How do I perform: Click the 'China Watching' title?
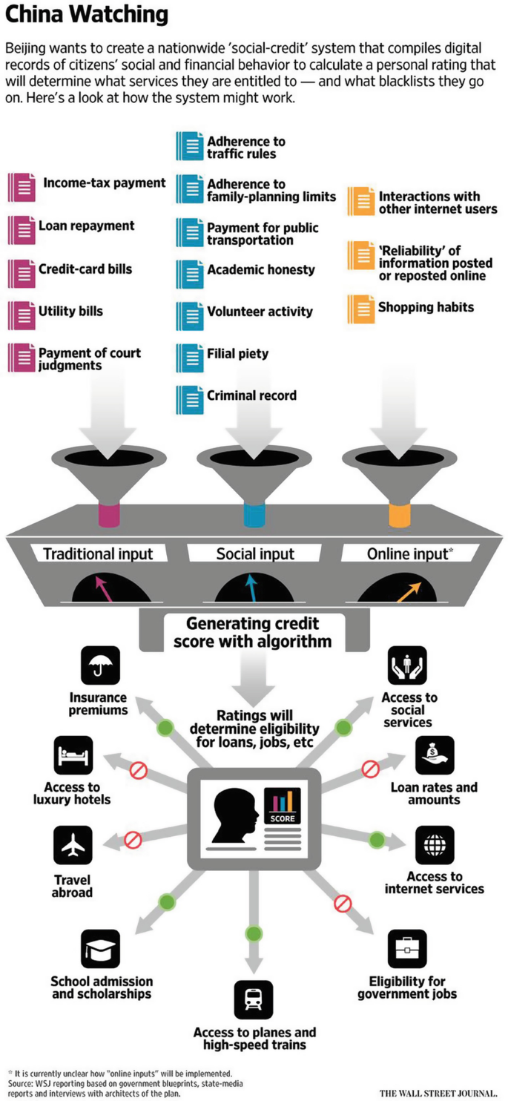[87, 16]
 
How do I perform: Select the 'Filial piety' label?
[237, 354]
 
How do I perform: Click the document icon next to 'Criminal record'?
[189, 398]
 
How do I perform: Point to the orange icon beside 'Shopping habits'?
[360, 309]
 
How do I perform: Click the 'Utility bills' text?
[70, 311]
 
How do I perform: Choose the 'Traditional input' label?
[98, 553]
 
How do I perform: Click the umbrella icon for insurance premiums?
[99, 665]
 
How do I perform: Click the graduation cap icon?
[99, 949]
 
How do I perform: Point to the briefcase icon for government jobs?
[407, 949]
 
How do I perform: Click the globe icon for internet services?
[435, 845]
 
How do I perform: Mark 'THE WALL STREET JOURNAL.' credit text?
[438, 1093]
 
